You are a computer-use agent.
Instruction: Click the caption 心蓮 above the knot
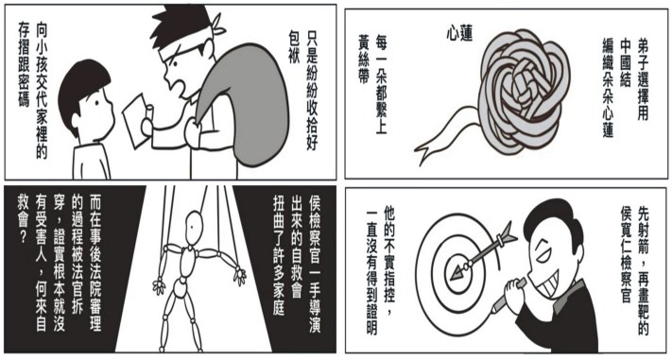click(x=459, y=33)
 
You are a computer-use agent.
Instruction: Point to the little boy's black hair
click(x=82, y=90)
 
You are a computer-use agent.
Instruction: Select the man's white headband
click(x=189, y=41)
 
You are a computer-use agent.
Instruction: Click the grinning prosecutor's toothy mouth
click(x=547, y=282)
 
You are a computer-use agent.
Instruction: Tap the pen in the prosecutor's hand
click(x=507, y=298)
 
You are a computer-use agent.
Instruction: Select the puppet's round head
click(x=194, y=223)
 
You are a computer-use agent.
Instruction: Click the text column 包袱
click(x=295, y=47)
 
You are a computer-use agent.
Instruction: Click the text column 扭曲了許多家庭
click(x=279, y=255)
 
